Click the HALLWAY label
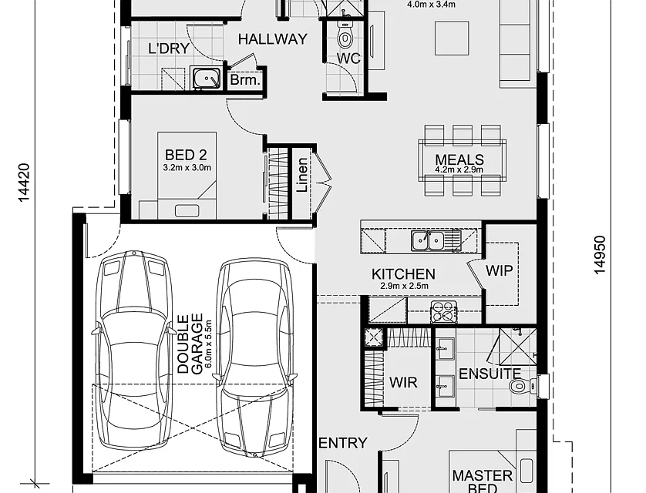273,39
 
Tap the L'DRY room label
169,49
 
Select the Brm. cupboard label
245,79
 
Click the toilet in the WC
345,35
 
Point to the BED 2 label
186,155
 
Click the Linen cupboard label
302,175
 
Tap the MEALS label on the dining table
459,159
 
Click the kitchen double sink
428,240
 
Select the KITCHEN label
403,274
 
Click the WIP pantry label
499,271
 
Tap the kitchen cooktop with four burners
444,311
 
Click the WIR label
403,382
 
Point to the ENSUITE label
490,374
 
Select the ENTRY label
343,443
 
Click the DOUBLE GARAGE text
190,344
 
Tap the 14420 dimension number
25,183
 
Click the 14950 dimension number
600,254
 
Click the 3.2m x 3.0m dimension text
187,167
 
